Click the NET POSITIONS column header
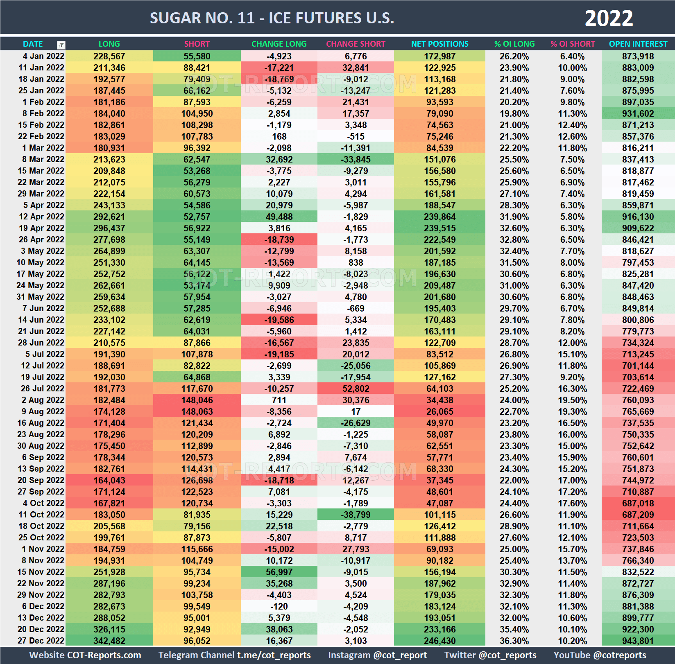(439, 44)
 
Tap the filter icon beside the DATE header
(61, 45)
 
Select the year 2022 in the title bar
(609, 18)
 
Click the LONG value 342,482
(109, 641)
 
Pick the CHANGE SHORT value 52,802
(356, 388)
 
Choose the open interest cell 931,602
(638, 113)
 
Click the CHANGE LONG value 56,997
(279, 572)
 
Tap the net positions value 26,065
(439, 411)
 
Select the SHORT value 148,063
(197, 411)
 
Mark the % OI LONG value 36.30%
(514, 641)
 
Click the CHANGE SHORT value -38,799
(356, 515)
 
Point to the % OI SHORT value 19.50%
(573, 400)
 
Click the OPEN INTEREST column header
(638, 44)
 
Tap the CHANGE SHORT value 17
(356, 411)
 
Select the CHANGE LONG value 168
(279, 136)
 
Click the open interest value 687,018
(638, 503)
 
